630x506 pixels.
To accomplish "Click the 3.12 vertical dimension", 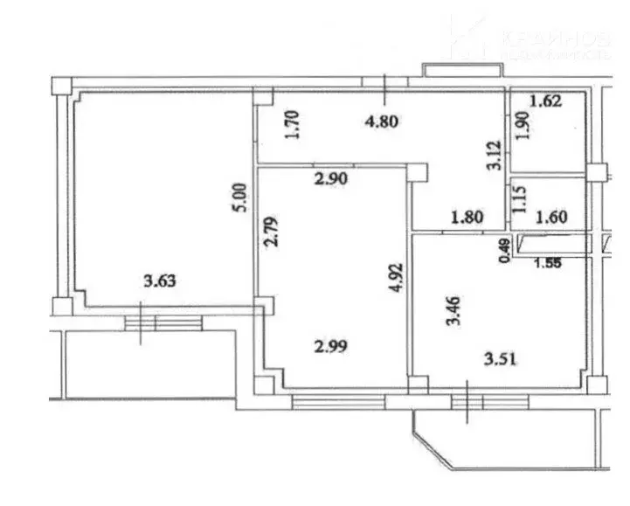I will [x=494, y=156].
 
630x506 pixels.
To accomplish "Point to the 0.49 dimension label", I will [x=504, y=252].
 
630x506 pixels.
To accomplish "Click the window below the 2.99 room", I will [x=337, y=401].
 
